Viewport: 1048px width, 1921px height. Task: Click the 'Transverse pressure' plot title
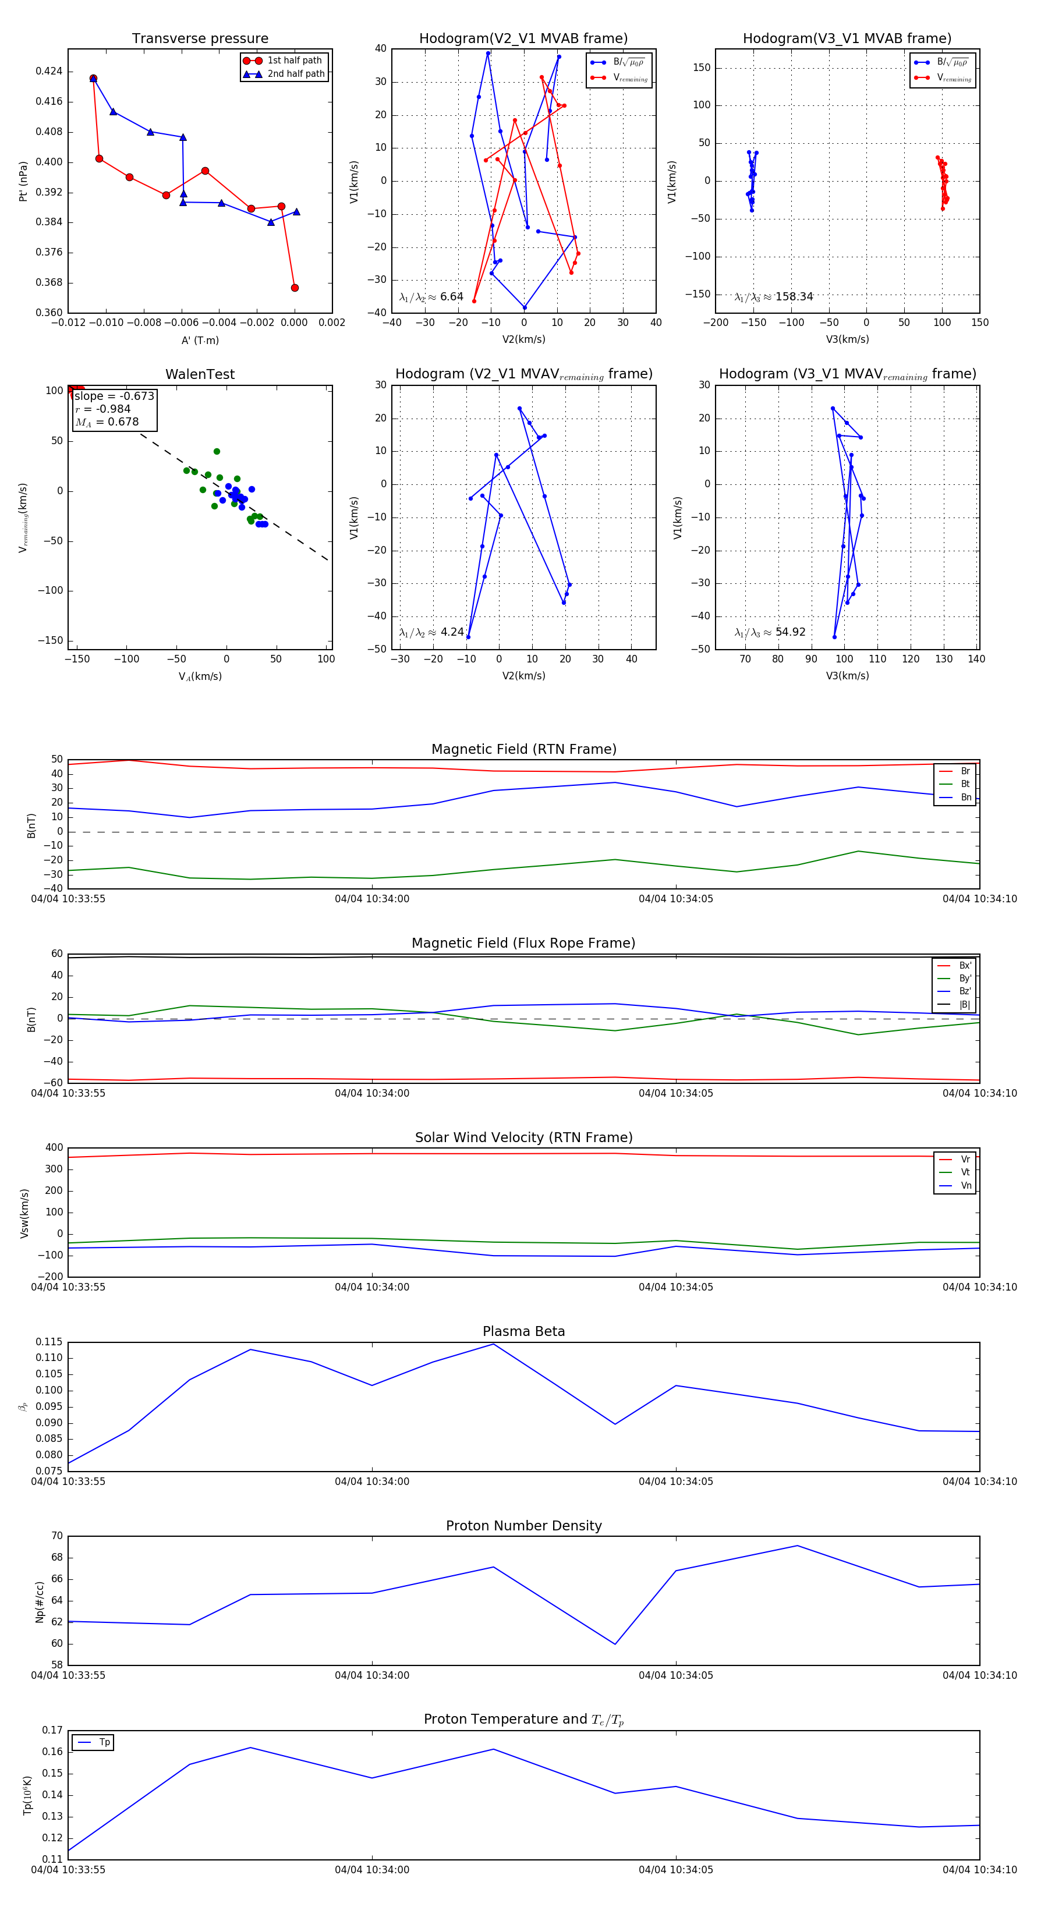200,39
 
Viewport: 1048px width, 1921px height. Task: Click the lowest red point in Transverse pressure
295,288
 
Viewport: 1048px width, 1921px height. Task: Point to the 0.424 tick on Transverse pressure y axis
49,72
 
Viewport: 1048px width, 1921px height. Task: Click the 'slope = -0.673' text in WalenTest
114,396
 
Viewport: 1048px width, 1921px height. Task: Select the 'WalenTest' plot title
200,374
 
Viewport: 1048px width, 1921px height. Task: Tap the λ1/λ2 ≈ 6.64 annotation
431,297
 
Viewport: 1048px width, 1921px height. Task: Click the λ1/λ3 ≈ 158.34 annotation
774,297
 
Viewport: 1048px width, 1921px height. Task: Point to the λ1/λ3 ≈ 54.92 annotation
770,632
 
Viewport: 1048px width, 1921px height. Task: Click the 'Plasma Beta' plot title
523,1331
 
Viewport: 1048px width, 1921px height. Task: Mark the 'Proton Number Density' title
523,1526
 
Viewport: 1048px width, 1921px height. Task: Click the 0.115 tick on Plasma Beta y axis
49,1342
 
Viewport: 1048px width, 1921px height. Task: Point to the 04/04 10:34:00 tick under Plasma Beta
371,1481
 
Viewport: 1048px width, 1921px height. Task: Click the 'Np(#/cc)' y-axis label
40,1602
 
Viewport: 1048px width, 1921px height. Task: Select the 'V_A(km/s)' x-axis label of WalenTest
200,676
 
